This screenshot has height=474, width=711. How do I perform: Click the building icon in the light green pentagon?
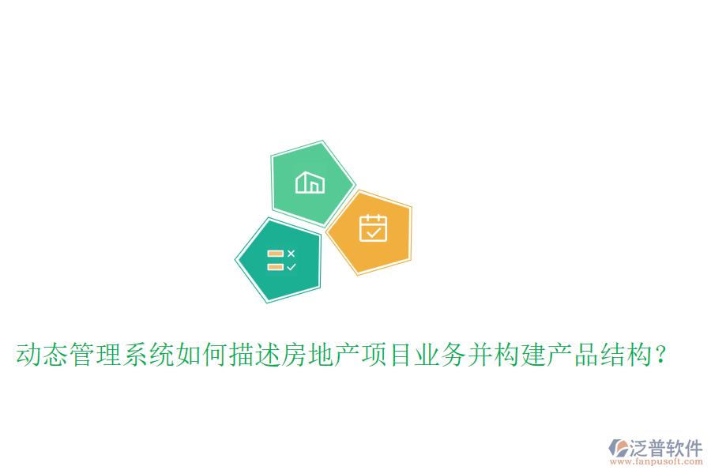pos(310,182)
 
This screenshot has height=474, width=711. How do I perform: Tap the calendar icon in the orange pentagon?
pos(373,228)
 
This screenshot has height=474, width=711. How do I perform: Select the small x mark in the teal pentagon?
pos(292,253)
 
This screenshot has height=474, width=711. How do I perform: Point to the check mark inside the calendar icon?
pos(374,232)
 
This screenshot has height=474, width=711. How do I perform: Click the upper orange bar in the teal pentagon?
pos(275,254)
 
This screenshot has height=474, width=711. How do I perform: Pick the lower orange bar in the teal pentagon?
pos(275,267)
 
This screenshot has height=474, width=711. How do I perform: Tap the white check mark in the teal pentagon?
pos(292,267)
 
